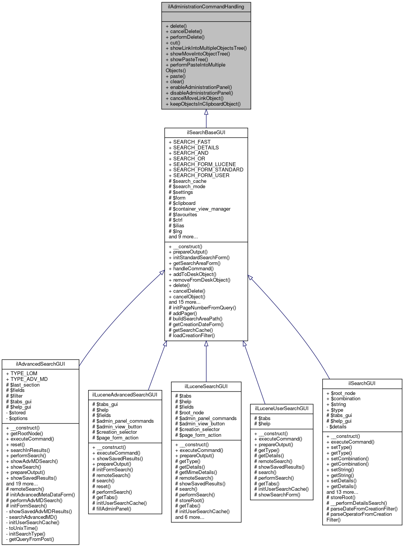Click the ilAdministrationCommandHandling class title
click(x=206, y=7)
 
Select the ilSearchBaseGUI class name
click(x=206, y=132)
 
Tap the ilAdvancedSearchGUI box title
click(x=40, y=364)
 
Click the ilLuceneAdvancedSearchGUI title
click(x=125, y=395)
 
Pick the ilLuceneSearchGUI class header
click(x=206, y=386)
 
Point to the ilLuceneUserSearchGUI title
click(x=282, y=408)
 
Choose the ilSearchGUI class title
click(x=362, y=383)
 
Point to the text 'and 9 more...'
click(x=183, y=236)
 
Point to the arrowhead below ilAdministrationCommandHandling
click(x=206, y=112)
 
